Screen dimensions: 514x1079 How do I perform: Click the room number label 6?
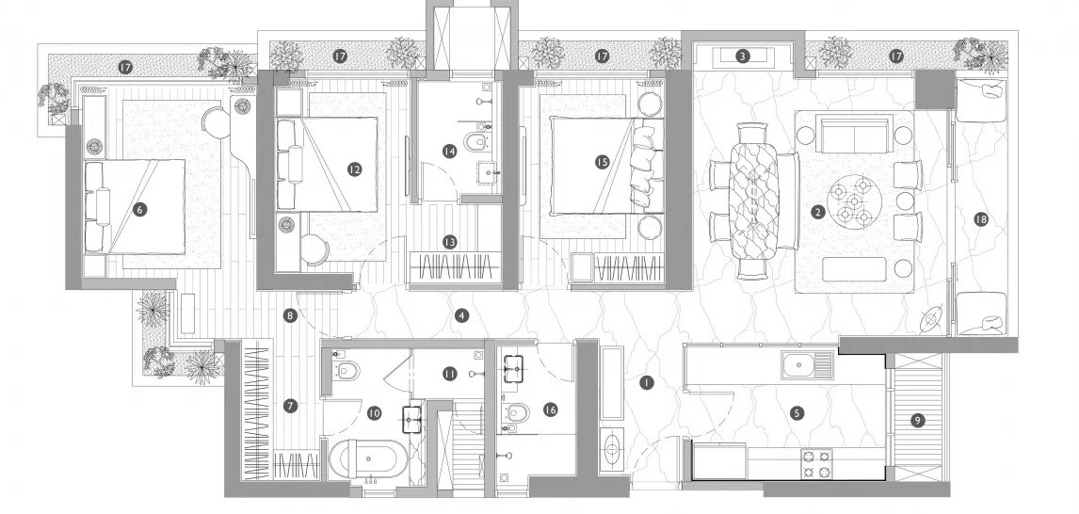pos(139,210)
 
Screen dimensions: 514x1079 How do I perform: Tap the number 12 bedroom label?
pos(354,169)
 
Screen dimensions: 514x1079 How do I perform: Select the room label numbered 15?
pos(603,162)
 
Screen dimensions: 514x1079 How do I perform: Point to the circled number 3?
pos(743,56)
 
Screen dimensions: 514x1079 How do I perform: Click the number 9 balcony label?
pos(918,421)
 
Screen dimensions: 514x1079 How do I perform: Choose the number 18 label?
pos(981,219)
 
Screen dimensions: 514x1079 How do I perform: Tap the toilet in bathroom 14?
pos(479,142)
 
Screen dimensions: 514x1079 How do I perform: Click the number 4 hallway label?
pos(461,315)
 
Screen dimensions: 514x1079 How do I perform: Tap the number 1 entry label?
pos(646,383)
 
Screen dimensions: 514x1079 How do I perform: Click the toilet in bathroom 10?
pos(346,372)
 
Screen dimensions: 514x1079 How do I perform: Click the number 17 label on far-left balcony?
pos(124,66)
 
